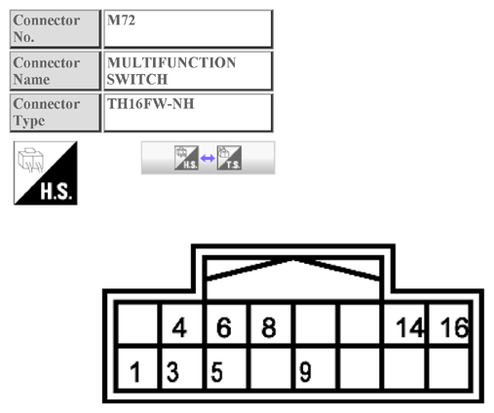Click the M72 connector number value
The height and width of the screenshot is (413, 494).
187,28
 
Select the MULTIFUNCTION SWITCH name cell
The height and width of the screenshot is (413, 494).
187,70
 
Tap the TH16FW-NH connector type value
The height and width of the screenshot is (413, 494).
187,111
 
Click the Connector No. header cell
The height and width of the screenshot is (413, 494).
55,28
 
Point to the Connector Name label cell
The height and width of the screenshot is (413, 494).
55,70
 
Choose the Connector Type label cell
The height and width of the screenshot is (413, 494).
55,111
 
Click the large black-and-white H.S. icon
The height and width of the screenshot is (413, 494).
45,173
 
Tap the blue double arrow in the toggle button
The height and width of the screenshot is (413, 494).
207,158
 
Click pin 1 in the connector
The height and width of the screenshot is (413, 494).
137,372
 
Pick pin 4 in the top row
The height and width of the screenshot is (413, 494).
179,328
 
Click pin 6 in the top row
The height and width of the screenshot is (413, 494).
224,328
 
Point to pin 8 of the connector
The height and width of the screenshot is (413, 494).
269,328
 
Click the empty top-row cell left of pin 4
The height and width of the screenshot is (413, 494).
136,328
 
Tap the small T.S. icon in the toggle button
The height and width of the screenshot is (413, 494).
229,158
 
